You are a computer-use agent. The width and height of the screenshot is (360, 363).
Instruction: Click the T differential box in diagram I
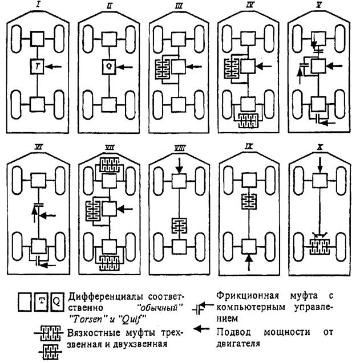tap(37, 67)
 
